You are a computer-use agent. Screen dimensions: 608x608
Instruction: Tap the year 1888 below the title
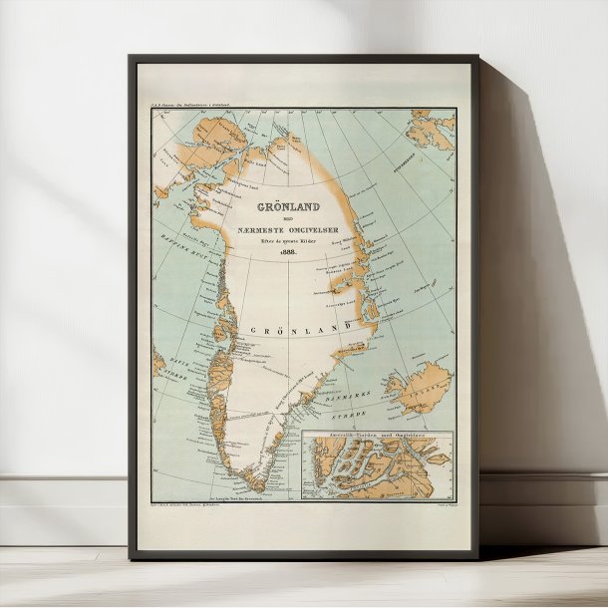click(260, 253)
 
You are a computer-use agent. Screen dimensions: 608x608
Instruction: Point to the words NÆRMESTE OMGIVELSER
click(260, 232)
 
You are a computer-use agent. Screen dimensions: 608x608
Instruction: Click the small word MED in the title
click(260, 222)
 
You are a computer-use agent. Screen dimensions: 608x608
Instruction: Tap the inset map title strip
click(377, 436)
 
